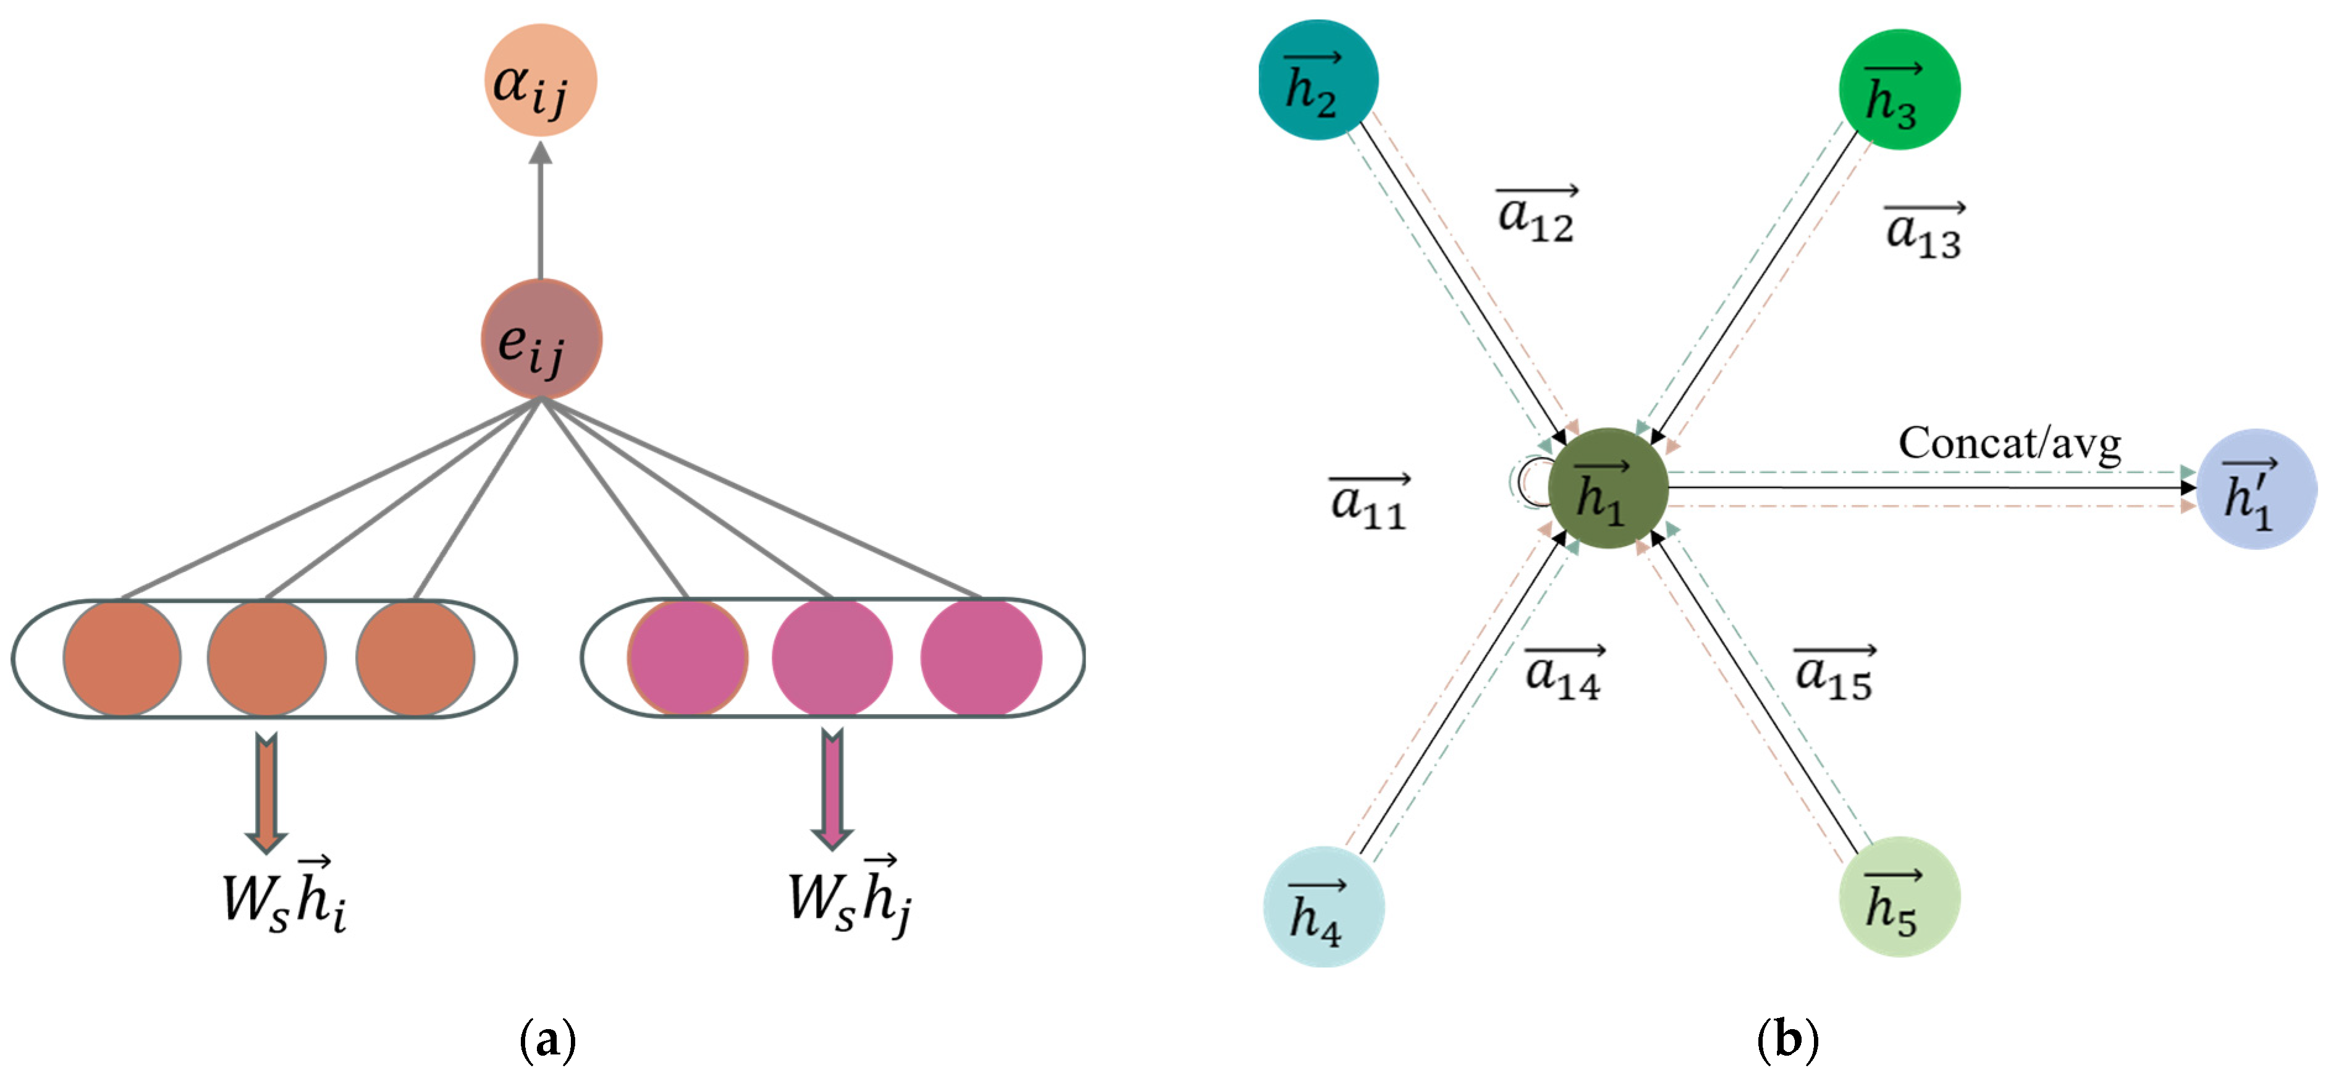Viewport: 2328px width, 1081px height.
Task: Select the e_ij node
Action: (x=541, y=340)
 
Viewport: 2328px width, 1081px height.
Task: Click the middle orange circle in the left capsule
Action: (x=267, y=658)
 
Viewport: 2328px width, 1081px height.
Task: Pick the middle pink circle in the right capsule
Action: (x=832, y=658)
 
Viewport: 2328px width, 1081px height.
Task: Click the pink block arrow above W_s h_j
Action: (x=832, y=790)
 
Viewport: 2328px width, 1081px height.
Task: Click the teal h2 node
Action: (x=1318, y=80)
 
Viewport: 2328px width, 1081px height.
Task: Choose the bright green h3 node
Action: (x=1899, y=90)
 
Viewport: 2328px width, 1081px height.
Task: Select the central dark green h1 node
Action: (x=1608, y=488)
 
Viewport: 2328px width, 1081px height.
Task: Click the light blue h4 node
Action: (x=1323, y=907)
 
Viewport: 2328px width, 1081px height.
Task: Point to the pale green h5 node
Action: (x=1899, y=898)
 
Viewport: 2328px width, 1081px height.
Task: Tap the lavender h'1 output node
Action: (x=2256, y=489)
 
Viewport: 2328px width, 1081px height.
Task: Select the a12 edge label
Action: (x=1537, y=215)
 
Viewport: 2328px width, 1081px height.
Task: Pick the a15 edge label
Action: (x=1834, y=673)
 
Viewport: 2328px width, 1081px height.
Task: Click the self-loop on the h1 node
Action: (x=1529, y=482)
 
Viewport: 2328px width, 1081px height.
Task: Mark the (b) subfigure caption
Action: (x=1787, y=1040)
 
